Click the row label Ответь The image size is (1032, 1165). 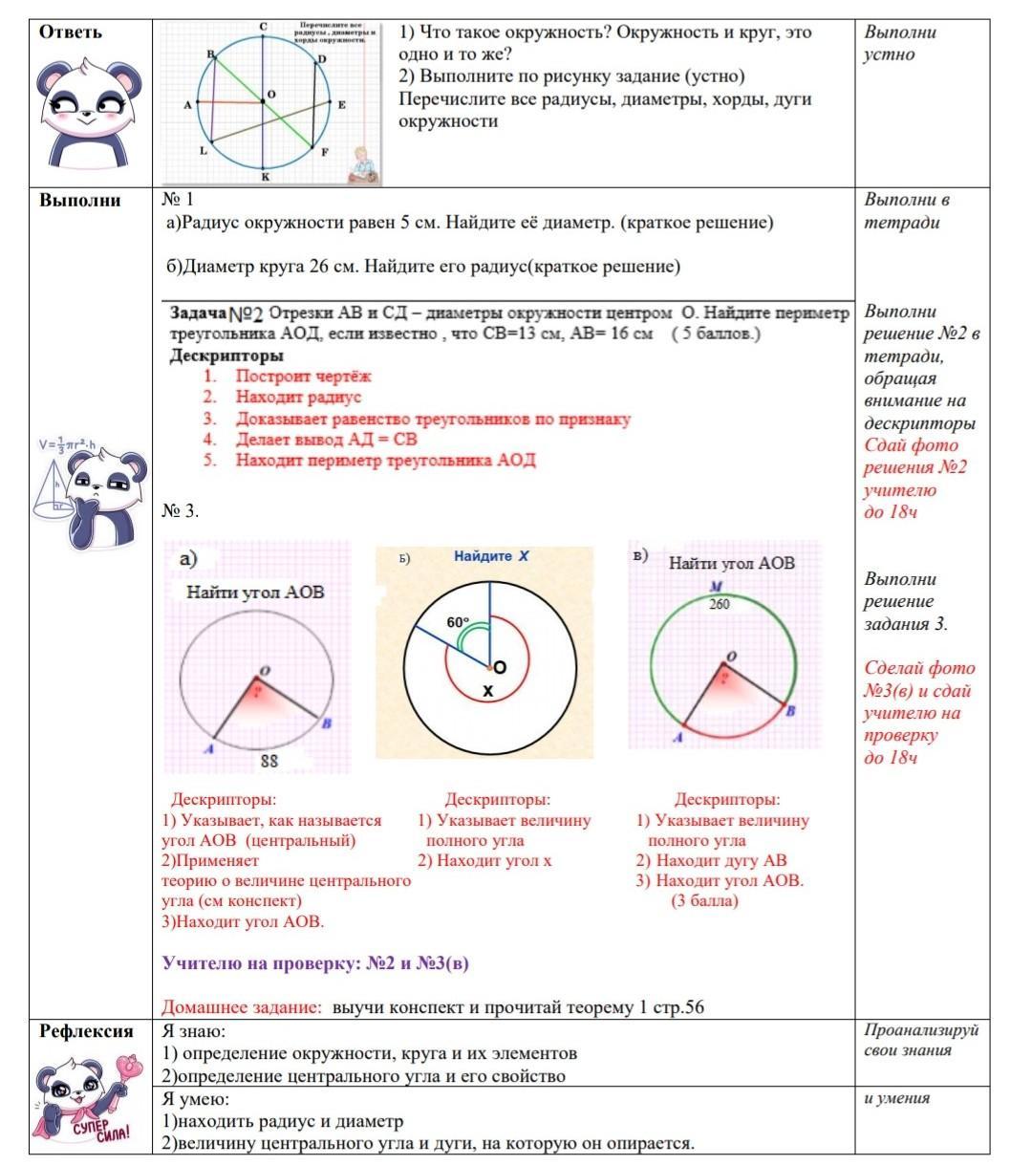click(70, 32)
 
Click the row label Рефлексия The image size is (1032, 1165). click(86, 1030)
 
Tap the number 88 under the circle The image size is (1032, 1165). click(269, 761)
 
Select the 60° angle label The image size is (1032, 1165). click(458, 622)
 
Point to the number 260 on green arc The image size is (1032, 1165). click(719, 604)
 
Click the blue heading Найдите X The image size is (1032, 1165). click(491, 555)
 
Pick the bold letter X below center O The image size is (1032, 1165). click(487, 691)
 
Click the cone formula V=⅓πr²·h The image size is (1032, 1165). click(69, 444)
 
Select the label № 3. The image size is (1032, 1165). click(181, 511)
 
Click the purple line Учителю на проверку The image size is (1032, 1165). click(315, 963)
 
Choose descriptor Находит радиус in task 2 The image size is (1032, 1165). click(298, 397)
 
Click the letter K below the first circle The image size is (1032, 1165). click(265, 177)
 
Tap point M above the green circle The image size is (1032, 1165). click(716, 586)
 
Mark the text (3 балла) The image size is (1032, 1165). click(704, 900)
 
